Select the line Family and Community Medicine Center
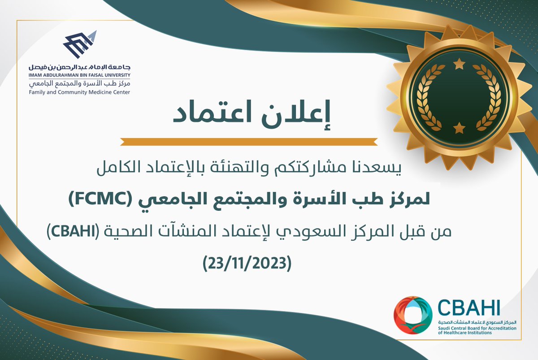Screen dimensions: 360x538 pyautogui.click(x=79, y=92)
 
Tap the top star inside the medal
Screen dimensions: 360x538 pyautogui.click(x=459, y=65)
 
